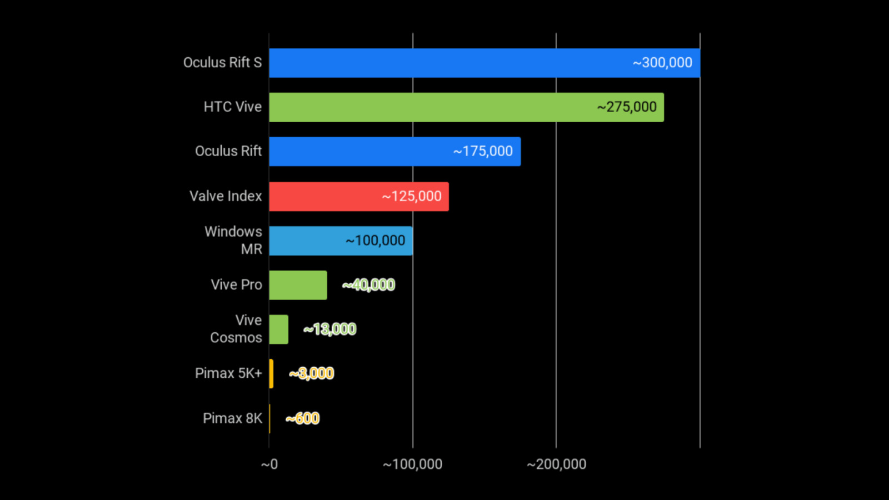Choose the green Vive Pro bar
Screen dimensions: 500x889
tap(298, 285)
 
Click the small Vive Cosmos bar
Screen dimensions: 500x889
tap(278, 329)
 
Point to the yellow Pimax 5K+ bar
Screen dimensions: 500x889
tap(271, 374)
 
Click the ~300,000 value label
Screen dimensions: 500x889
tap(662, 63)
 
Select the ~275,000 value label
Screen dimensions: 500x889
tap(627, 107)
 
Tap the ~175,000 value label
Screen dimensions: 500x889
tap(483, 151)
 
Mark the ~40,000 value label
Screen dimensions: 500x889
tap(368, 285)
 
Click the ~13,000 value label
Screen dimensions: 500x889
tap(329, 329)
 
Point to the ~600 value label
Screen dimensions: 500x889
tap(302, 418)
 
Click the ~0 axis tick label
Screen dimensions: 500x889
tap(269, 464)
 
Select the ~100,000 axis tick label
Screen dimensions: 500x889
tap(413, 464)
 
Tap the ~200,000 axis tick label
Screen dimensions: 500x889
tap(556, 464)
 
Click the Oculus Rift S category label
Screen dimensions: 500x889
tap(222, 63)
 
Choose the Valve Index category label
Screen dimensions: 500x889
tap(225, 196)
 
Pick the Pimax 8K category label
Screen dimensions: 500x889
tap(232, 418)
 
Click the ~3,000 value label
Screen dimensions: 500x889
tap(311, 374)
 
